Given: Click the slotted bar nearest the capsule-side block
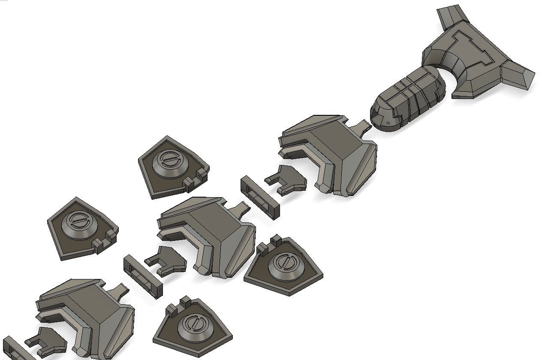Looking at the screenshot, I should (259, 197).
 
